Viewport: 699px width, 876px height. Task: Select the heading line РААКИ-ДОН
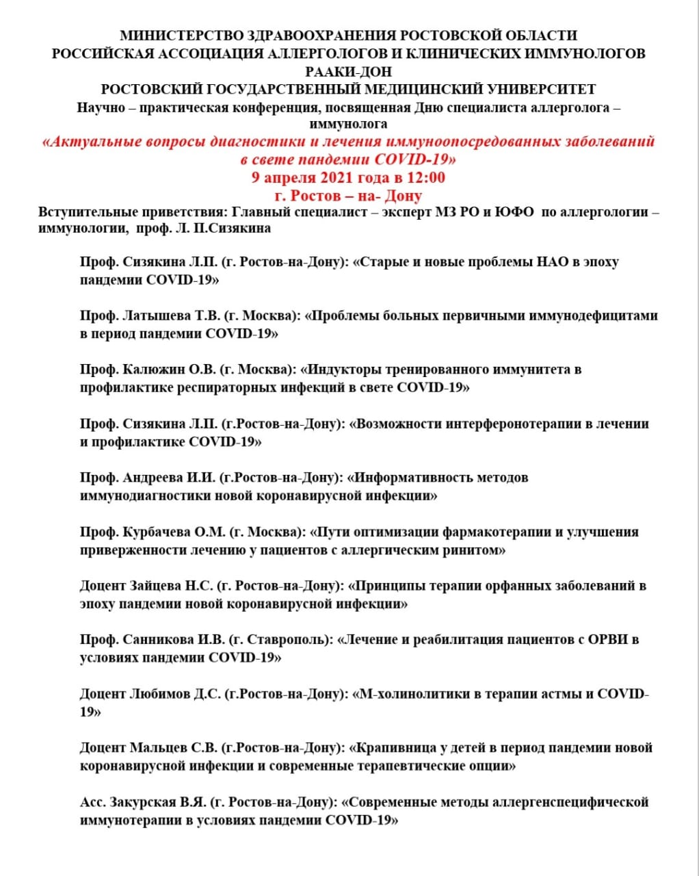click(x=349, y=71)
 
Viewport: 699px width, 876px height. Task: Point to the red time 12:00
click(x=425, y=178)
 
